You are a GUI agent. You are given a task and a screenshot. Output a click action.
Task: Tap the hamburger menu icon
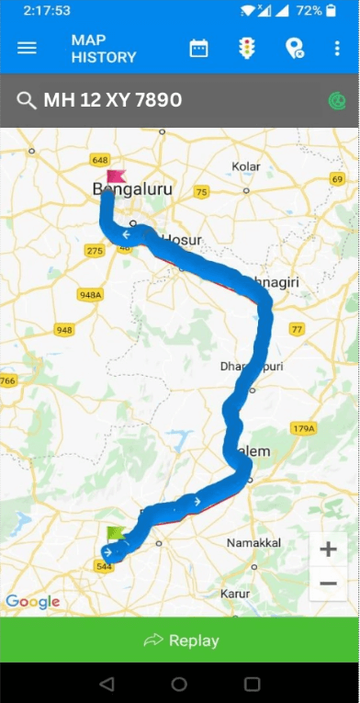pos(27,48)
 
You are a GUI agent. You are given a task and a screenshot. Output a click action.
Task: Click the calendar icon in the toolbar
pos(198,48)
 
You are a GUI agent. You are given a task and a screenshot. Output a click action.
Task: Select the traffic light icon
pos(246,48)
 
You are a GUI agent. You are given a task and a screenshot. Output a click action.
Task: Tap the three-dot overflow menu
pos(337,48)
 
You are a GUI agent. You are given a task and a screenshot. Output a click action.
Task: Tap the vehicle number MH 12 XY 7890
pos(112,99)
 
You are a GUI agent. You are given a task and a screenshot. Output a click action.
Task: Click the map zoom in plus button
pos(328,550)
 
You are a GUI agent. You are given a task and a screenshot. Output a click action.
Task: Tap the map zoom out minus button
pos(328,584)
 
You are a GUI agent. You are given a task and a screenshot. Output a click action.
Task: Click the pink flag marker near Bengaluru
pos(115,177)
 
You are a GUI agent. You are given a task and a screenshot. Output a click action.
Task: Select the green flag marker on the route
pos(115,534)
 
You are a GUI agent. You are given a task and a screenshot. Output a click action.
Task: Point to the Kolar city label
pos(246,165)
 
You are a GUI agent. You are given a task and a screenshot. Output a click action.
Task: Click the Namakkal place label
pos(253,542)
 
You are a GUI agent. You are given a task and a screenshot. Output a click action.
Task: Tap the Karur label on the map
pos(236,593)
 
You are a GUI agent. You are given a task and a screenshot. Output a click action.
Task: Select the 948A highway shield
pos(90,295)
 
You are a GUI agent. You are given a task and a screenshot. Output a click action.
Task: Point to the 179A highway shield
pos(303,427)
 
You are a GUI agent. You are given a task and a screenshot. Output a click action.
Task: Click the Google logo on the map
pos(32,602)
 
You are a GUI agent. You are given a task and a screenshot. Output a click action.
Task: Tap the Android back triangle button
pos(107,684)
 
